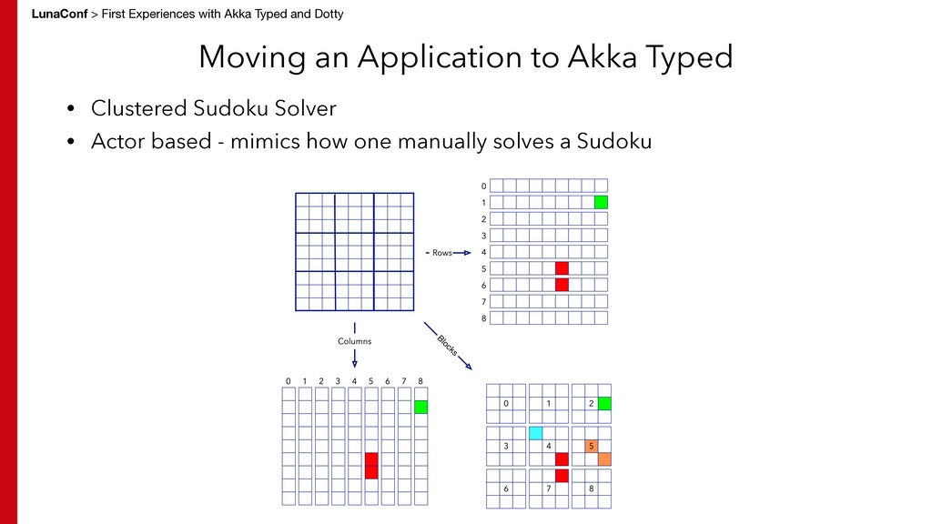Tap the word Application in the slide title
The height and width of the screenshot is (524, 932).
coord(458,57)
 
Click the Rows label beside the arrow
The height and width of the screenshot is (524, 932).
coord(441,253)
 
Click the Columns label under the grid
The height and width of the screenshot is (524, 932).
coord(355,341)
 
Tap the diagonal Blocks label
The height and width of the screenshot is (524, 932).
coord(447,346)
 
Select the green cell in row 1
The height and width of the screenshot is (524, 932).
coord(601,202)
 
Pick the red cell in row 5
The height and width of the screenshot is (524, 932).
coord(562,268)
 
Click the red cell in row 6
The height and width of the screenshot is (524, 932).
coord(562,285)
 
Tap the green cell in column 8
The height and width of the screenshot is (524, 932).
coord(420,407)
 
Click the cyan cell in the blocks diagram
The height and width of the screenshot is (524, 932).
coord(536,433)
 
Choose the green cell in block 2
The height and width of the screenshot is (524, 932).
coord(604,403)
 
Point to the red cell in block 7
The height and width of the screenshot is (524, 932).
coord(562,476)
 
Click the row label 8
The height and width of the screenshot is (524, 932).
coord(484,318)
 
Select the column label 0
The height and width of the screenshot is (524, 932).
coord(288,381)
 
